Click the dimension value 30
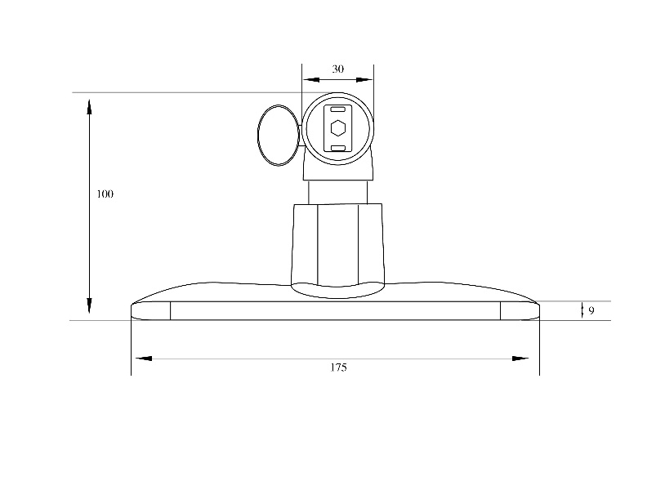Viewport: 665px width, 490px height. [x=337, y=69]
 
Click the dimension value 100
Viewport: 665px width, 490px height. [x=105, y=194]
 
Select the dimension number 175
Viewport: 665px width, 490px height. [x=338, y=367]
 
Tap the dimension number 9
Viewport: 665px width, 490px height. [x=591, y=310]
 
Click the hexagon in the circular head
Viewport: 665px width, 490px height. [x=337, y=128]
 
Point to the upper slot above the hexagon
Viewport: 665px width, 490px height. [x=337, y=109]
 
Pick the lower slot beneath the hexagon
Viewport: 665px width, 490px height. [x=337, y=148]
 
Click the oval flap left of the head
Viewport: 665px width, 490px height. [x=276, y=135]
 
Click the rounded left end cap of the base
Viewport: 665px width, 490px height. [x=150, y=310]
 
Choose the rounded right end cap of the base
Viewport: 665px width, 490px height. [x=520, y=310]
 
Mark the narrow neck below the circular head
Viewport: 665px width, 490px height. [x=337, y=191]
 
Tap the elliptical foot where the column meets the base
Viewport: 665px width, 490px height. [x=337, y=289]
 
